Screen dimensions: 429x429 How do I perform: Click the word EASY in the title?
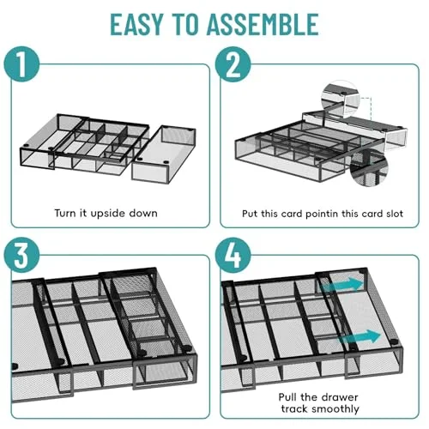tap(136, 24)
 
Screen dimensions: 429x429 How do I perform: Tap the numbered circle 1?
tap(21, 64)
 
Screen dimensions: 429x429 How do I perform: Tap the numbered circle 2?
tap(233, 64)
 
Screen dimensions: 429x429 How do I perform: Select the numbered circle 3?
tap(21, 255)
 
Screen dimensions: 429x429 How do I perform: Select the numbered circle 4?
tap(233, 255)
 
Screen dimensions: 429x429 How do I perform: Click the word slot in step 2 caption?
tap(395, 214)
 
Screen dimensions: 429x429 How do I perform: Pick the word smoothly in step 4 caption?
tap(335, 409)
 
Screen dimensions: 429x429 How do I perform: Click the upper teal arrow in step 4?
tap(342, 284)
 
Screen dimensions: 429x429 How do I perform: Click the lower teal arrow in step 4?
tap(359, 336)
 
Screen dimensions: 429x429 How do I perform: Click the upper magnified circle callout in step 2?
tap(341, 99)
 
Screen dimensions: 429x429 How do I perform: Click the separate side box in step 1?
tap(164, 153)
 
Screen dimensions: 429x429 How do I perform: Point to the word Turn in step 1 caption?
tap(65, 214)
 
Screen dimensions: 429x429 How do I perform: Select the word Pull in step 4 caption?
tap(288, 397)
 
